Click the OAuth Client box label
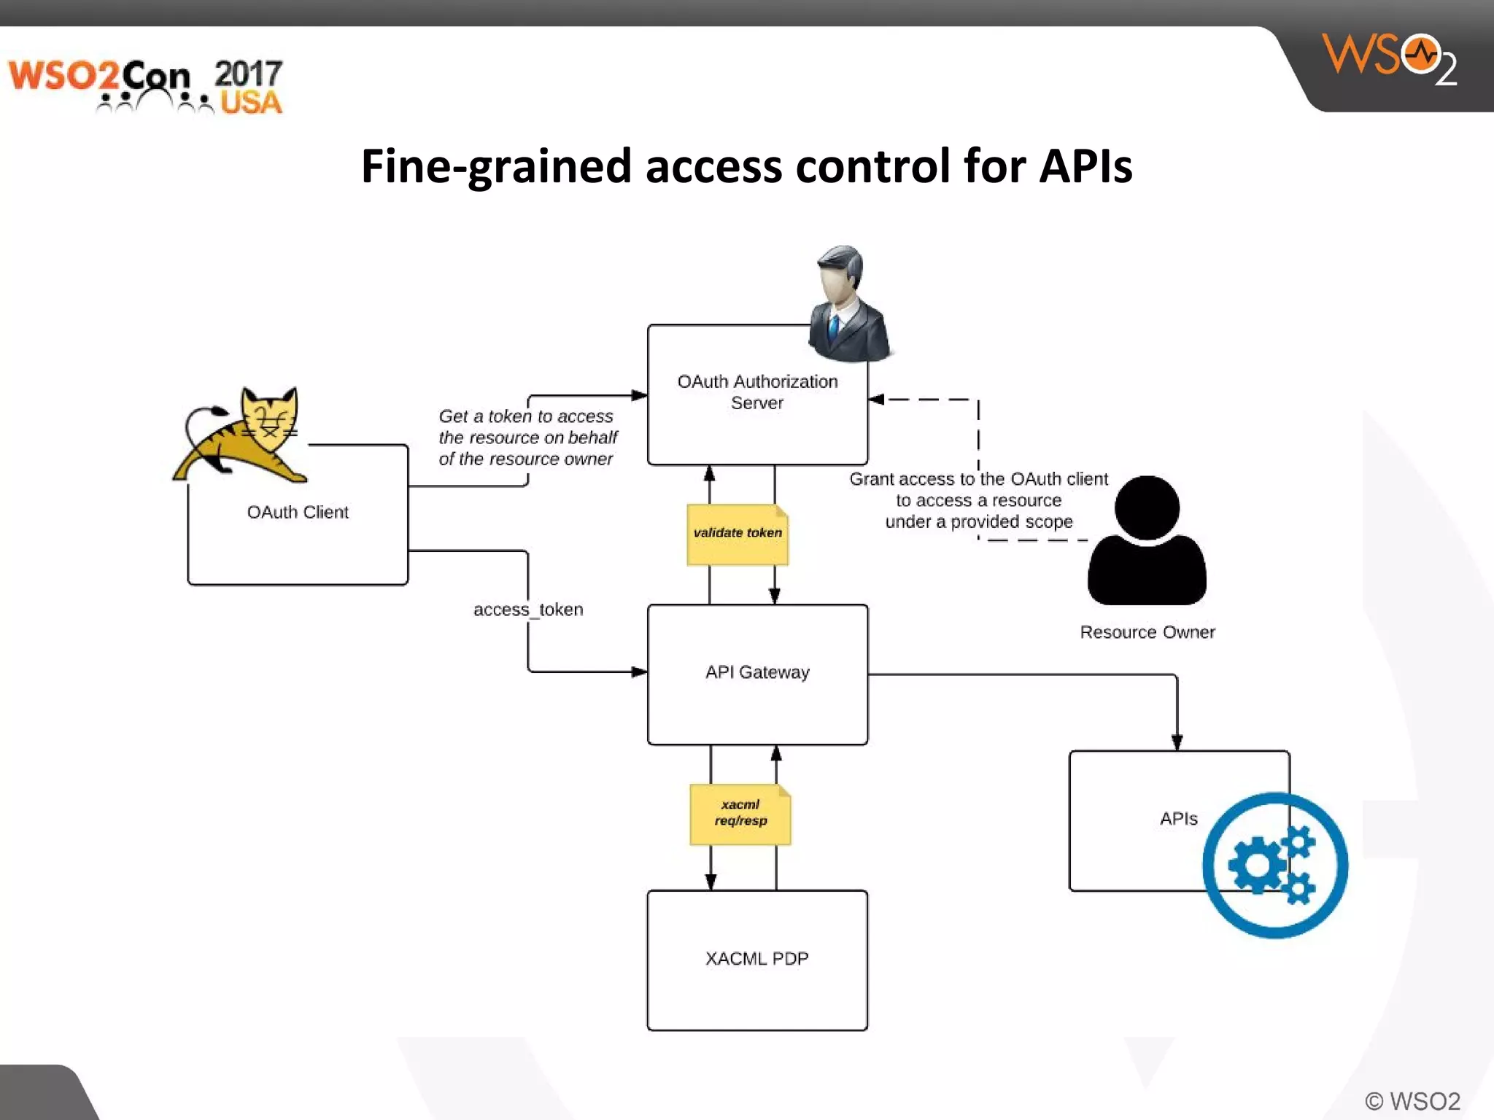(298, 512)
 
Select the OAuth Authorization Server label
(757, 392)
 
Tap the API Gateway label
(757, 672)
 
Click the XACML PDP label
(757, 958)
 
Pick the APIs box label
(1178, 818)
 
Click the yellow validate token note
(738, 534)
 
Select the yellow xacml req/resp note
(740, 814)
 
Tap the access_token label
(528, 610)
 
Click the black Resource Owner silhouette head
(1147, 507)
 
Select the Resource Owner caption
(1147, 632)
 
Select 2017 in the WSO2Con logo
(248, 73)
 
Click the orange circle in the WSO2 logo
(1420, 54)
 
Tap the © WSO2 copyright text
(1412, 1100)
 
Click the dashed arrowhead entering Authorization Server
(876, 400)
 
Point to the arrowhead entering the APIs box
(1177, 742)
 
